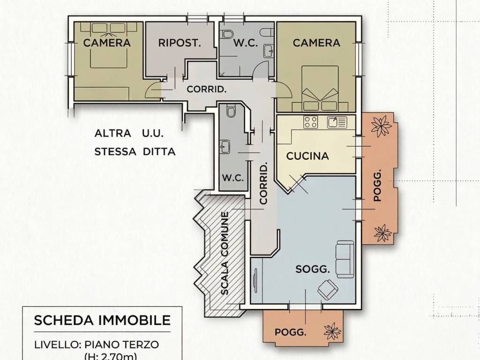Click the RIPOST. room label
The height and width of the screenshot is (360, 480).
point(180,43)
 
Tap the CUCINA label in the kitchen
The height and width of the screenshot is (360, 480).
point(307,156)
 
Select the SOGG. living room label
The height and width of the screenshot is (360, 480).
point(313,269)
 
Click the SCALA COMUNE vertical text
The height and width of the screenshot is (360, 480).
point(225,253)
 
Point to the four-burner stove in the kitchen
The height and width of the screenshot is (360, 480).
point(311,122)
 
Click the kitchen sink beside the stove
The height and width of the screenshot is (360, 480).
point(337,122)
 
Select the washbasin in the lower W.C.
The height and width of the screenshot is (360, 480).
point(225,147)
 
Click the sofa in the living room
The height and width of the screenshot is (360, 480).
point(345,259)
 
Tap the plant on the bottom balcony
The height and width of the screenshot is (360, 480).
point(332,331)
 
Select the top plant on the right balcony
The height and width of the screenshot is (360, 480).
point(381,125)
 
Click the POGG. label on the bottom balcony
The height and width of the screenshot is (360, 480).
point(290,332)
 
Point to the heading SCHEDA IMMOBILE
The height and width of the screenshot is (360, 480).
point(102,320)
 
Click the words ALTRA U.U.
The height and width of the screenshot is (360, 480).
point(129,134)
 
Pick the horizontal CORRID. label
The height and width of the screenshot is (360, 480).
point(207,90)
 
